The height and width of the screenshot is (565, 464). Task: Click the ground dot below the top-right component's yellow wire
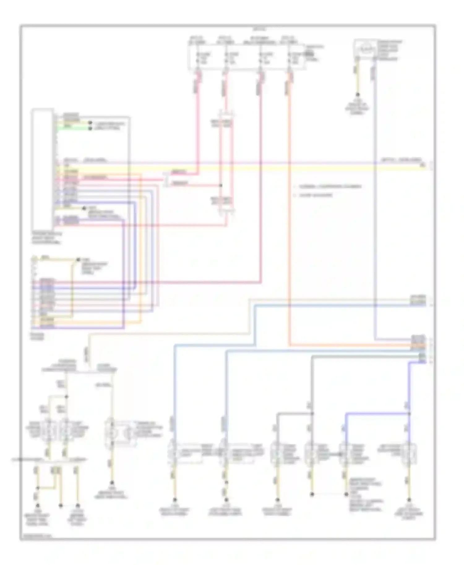coord(358,95)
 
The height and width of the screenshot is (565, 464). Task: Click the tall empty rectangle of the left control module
coord(42,168)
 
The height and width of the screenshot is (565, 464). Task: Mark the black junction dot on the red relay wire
coord(221,185)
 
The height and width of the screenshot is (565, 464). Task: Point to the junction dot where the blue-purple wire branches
coord(409,413)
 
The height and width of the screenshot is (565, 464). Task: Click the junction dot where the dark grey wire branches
coord(312,413)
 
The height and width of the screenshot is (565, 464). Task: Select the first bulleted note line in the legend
coord(328,187)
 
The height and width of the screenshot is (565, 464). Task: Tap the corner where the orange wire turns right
coord(290,345)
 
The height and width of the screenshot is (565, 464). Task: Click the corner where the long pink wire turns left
coord(261,282)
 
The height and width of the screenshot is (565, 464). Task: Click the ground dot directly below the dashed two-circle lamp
coord(112,482)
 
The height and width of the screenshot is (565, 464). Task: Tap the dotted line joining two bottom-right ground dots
coord(329,494)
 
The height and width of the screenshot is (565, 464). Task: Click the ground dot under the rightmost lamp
coord(409,500)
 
